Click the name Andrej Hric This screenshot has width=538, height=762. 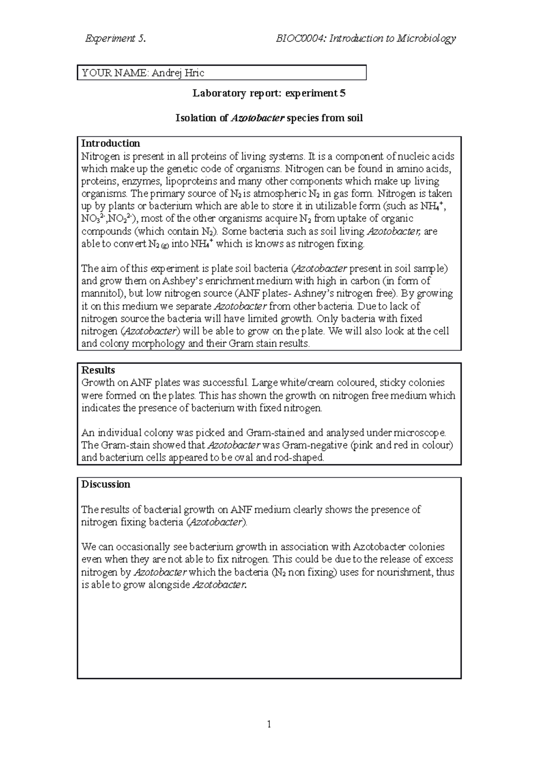178,73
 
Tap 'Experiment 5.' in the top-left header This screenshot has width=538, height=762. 115,38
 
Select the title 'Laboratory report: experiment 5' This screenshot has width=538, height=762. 269,93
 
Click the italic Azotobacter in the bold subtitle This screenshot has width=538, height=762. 258,118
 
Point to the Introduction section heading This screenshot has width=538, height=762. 110,143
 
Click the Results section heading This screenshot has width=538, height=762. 98,370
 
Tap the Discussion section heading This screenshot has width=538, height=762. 105,484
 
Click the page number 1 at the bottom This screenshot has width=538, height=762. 269,724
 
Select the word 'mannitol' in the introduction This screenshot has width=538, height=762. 101,293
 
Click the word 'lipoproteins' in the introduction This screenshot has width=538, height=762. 191,181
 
